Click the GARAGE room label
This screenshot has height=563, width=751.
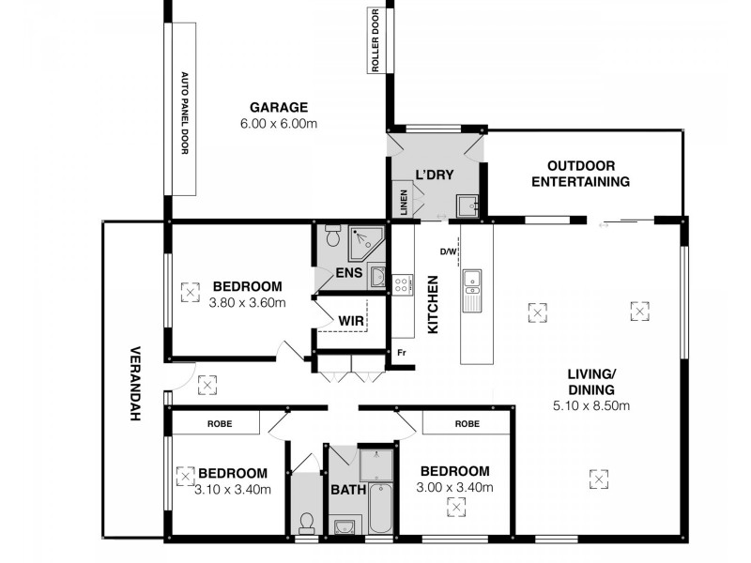[x=279, y=107]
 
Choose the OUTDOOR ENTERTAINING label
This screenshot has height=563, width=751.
[x=580, y=174]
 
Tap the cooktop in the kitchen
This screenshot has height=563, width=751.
[x=403, y=283]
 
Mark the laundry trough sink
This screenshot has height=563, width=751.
[x=466, y=205]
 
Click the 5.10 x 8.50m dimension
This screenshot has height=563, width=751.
[x=590, y=406]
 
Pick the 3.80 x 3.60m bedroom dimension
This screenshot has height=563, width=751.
[x=247, y=302]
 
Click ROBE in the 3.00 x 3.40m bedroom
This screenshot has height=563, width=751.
[x=467, y=424]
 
